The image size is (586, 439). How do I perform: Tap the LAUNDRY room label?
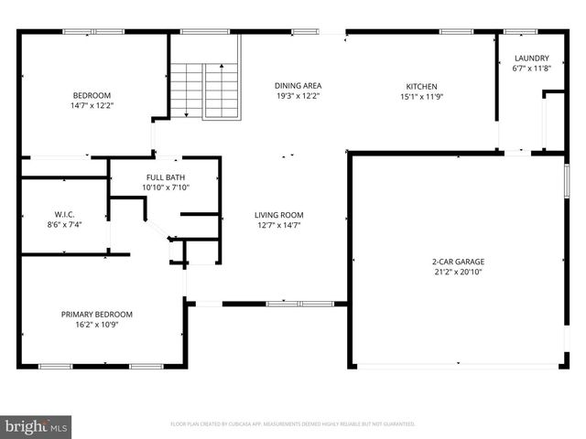tap(531, 58)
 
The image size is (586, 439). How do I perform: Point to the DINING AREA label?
tap(298, 86)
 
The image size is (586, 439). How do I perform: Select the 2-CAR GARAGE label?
tap(458, 262)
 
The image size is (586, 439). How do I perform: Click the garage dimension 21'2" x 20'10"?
tap(458, 272)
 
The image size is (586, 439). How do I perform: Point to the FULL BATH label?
tap(165, 177)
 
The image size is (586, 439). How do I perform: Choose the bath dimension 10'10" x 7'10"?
tap(165, 187)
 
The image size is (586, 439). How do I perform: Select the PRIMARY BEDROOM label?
tap(96, 314)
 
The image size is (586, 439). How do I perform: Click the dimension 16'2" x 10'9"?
tap(96, 324)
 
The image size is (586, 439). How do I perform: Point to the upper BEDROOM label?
tap(92, 95)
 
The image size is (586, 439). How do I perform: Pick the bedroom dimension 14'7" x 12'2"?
tap(92, 105)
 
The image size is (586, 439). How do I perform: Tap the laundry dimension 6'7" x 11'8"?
tap(531, 68)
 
